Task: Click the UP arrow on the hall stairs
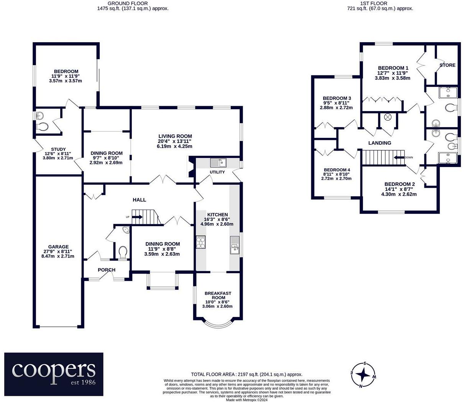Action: point(137,217)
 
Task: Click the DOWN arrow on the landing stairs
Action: point(399,158)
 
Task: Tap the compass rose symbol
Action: point(363,374)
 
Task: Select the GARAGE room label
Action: point(58,247)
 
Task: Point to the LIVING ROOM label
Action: point(175,136)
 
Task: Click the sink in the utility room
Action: point(218,162)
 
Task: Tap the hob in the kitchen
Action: point(200,242)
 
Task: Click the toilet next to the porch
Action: point(123,252)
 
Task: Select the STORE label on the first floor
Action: point(447,65)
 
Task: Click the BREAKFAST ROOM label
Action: point(218,295)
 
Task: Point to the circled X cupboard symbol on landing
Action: point(388,117)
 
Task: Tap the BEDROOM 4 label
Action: point(337,170)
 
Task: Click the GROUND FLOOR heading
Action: point(128,3)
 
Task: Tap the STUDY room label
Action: point(58,149)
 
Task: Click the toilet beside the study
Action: point(42,126)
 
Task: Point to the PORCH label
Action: point(107,270)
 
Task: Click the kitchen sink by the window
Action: point(235,245)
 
